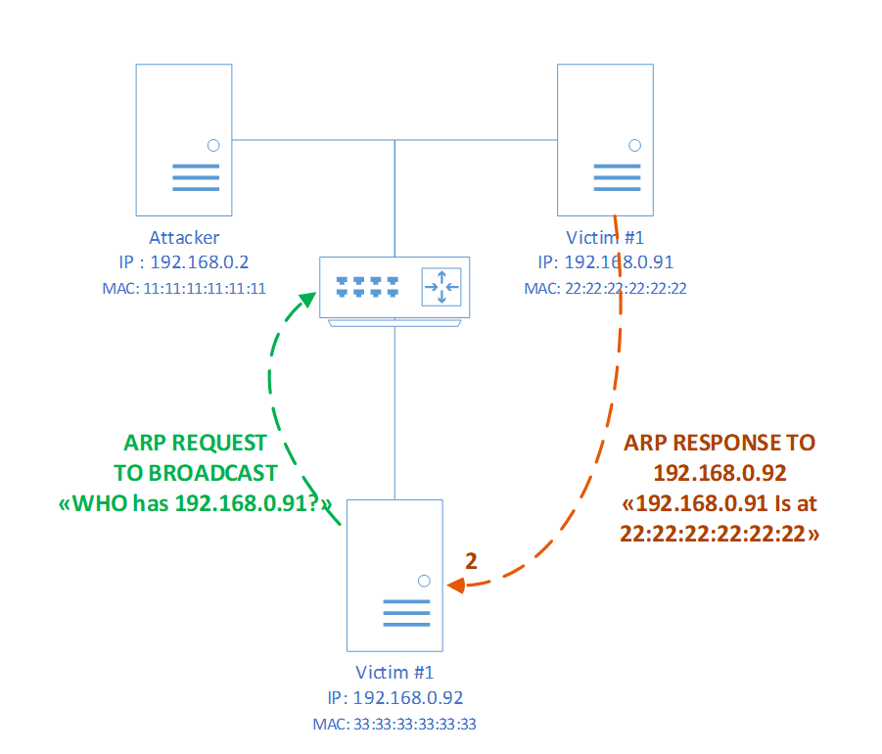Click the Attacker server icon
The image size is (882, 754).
pos(184,140)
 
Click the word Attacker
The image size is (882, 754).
pos(184,238)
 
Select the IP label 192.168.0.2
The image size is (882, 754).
pos(184,262)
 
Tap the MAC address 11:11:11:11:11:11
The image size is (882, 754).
pos(184,289)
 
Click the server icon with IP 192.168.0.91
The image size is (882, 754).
pos(605,140)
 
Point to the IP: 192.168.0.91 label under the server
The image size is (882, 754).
pos(605,262)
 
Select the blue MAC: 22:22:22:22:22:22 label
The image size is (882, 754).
pos(605,289)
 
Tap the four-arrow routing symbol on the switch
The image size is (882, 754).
pos(441,287)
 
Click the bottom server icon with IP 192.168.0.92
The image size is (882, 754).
pos(395,575)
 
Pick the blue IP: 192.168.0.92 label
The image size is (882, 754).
pos(395,698)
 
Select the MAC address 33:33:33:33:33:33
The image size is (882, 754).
pos(395,725)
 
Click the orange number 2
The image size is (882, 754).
pos(471,561)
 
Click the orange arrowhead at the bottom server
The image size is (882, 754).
pos(454,586)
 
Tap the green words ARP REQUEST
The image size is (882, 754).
pos(195,444)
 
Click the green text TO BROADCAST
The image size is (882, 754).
pos(195,473)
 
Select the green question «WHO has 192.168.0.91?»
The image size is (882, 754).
pos(195,503)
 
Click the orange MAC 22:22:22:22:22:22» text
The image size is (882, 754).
pos(720,533)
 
